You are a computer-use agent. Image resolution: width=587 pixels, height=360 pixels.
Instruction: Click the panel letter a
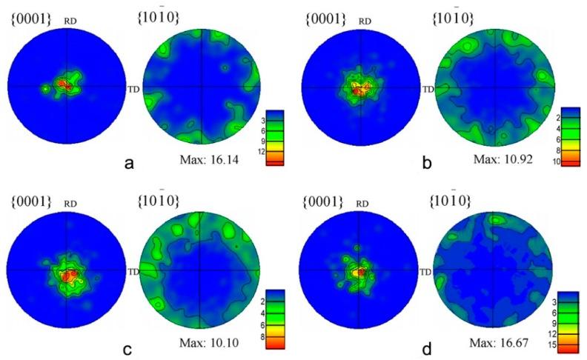coord(129,164)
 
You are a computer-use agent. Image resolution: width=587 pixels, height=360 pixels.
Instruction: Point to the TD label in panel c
coord(133,271)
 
